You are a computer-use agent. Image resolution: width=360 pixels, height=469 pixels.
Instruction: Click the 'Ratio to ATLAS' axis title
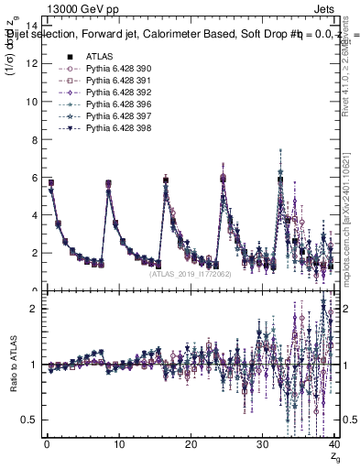pos(12,366)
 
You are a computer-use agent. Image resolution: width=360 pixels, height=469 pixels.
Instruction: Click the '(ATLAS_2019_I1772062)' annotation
pos(190,273)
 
